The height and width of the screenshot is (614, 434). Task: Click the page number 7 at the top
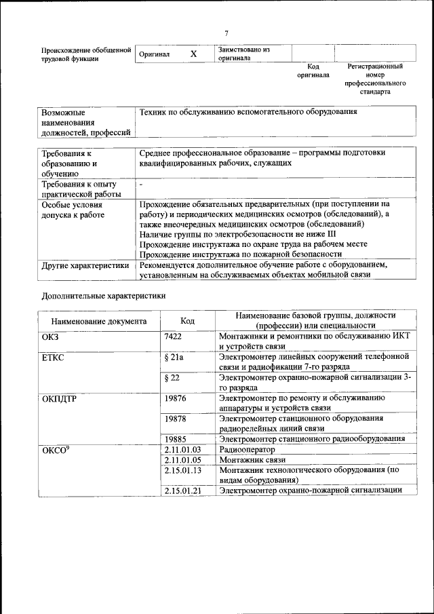click(x=227, y=33)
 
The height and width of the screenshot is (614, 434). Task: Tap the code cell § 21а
click(x=174, y=356)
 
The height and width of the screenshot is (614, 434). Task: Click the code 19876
click(x=175, y=398)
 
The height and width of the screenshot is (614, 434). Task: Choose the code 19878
click(x=175, y=419)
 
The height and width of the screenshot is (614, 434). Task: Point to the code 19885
click(x=175, y=439)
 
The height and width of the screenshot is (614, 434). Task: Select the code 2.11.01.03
click(x=183, y=449)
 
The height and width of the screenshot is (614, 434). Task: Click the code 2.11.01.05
click(x=183, y=459)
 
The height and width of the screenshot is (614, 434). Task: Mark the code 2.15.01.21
click(x=183, y=490)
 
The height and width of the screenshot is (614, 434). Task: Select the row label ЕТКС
click(x=53, y=356)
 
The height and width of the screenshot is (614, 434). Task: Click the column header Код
click(x=188, y=321)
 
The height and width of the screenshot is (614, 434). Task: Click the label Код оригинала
click(x=313, y=71)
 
